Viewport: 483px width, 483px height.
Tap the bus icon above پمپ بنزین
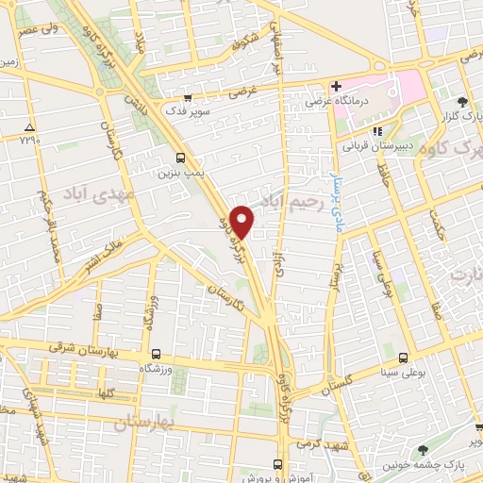[180, 158]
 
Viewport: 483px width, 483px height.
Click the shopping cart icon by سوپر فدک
[187, 97]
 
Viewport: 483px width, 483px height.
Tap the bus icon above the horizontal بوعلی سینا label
[404, 358]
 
